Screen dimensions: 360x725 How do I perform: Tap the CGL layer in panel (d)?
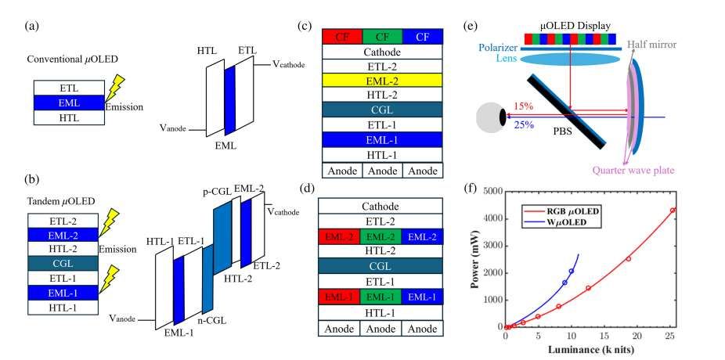click(x=381, y=265)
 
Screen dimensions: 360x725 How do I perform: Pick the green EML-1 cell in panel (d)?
click(x=381, y=297)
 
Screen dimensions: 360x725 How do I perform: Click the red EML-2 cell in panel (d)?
click(x=341, y=235)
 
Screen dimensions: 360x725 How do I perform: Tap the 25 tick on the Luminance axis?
click(x=671, y=337)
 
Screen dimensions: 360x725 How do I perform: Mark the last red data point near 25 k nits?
click(x=672, y=211)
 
